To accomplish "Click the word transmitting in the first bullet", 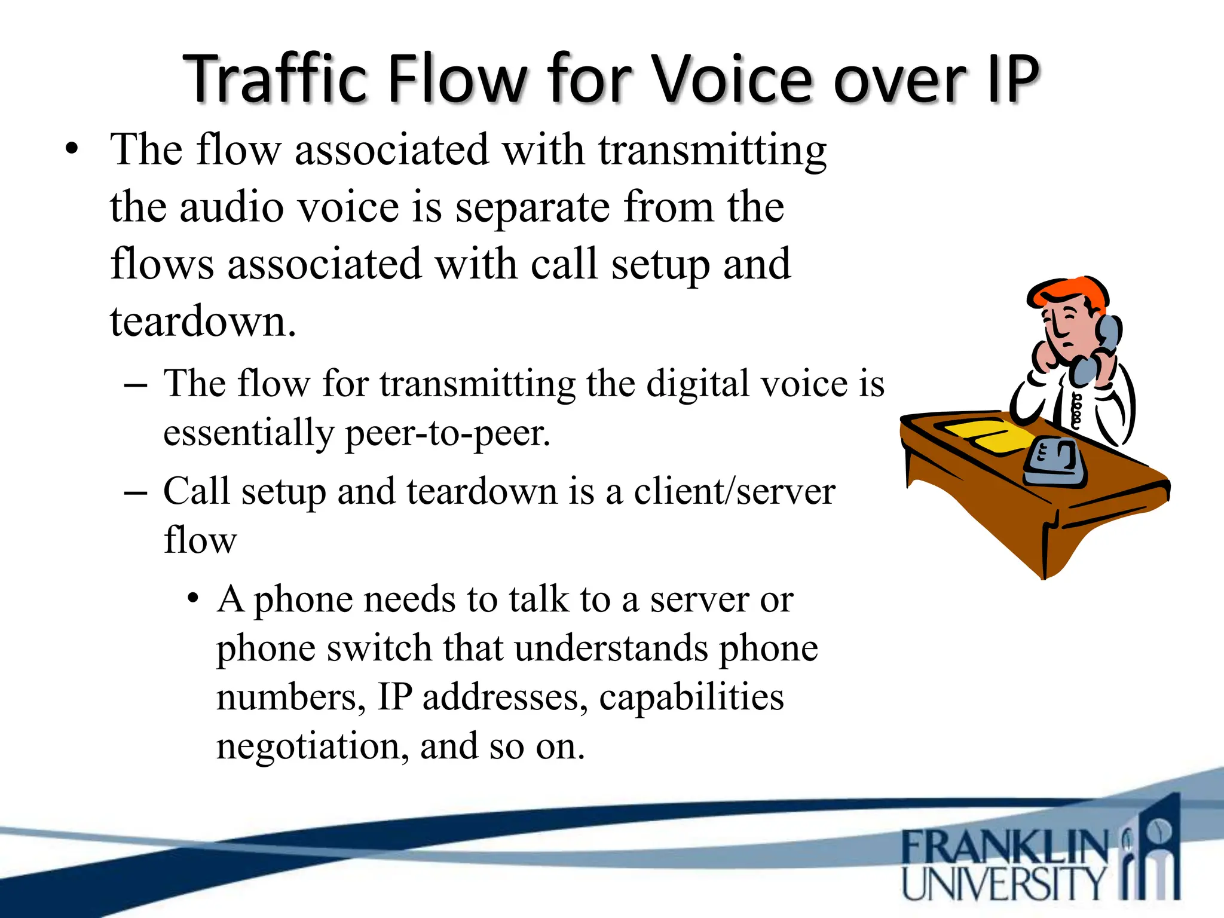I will [x=712, y=151].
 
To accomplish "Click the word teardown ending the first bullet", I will [x=202, y=322].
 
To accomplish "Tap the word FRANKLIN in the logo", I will [x=1003, y=847].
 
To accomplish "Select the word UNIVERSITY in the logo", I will [x=1003, y=883].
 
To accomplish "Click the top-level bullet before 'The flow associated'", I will [x=72, y=149].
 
